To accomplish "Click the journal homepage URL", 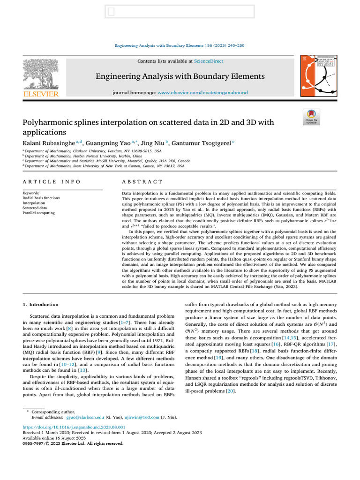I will tap(202, 93).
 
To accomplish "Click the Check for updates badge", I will tap(312, 117).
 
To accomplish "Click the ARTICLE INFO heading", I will tap(52, 181).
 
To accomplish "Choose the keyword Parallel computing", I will tap(38, 213).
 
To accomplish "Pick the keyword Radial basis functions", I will tap(41, 198).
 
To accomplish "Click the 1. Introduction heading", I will tap(41, 305).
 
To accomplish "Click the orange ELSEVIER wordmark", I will tap(41, 94).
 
